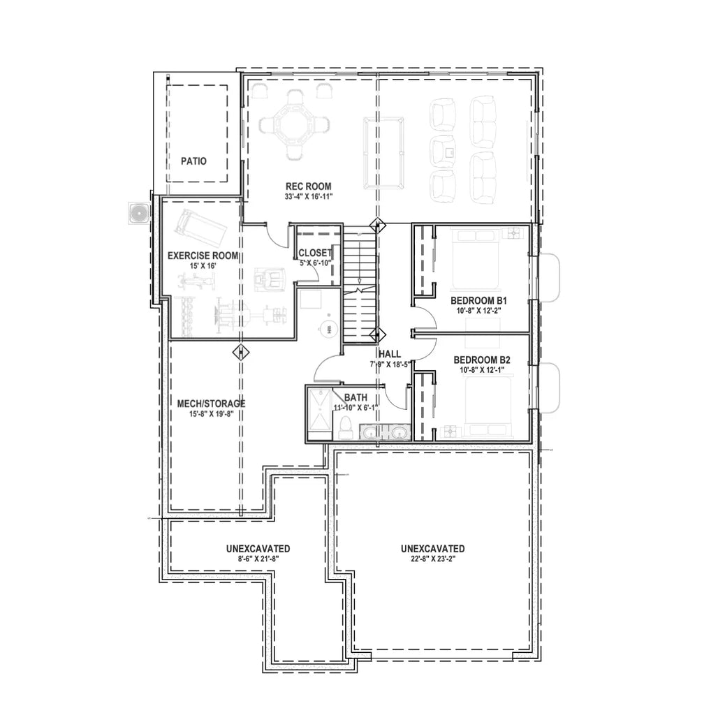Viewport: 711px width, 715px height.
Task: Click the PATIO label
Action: point(193,161)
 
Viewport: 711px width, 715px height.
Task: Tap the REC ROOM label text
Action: point(308,186)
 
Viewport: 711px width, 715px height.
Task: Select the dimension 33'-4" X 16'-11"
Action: point(308,196)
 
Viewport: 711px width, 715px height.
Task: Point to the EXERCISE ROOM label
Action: point(203,256)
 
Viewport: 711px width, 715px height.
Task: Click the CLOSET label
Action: point(315,253)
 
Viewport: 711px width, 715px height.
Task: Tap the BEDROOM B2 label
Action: point(483,360)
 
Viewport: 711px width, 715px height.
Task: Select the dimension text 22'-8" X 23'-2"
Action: point(432,559)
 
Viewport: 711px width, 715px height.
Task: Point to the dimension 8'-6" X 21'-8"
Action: point(258,559)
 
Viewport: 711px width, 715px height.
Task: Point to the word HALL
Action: point(388,354)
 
